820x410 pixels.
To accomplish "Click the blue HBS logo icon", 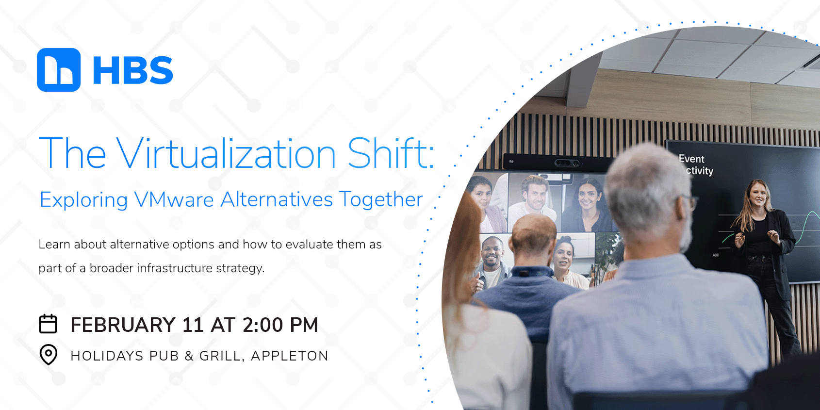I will point(59,70).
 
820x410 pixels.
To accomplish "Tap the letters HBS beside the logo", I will point(132,70).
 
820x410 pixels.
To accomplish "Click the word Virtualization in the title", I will point(226,154).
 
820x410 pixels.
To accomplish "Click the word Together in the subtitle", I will point(381,199).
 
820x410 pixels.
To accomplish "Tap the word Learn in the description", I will point(54,244).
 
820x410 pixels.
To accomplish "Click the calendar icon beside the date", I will point(48,324).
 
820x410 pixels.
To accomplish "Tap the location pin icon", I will point(48,354).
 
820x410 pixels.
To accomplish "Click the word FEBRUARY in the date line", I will point(123,325).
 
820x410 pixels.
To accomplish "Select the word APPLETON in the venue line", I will point(290,356).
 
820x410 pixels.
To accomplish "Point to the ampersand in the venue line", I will point(189,356).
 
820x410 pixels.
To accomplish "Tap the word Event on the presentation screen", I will point(691,159).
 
